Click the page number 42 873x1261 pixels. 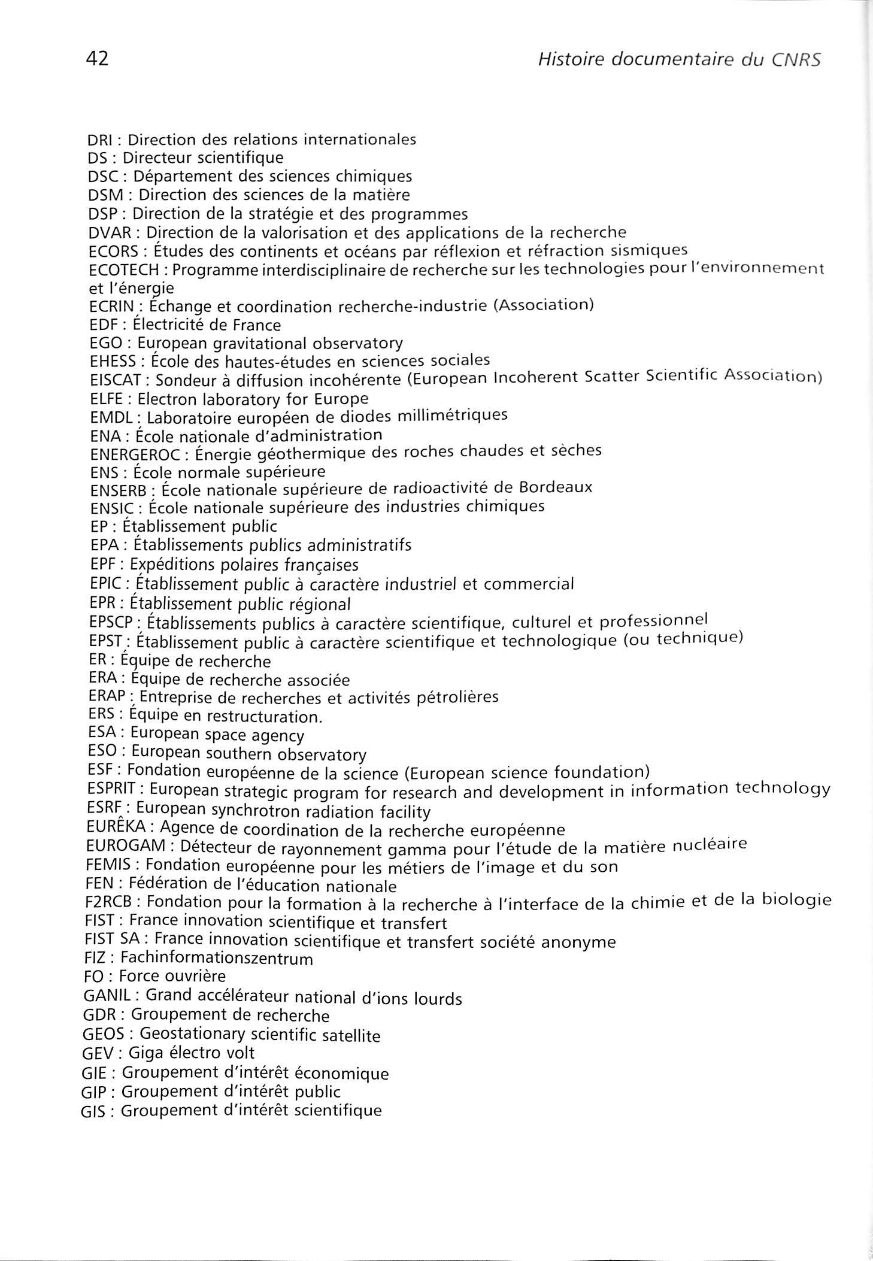pyautogui.click(x=98, y=59)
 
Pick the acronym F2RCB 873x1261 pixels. pyautogui.click(x=108, y=901)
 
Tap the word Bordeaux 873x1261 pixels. pyautogui.click(x=555, y=487)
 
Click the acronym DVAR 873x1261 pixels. pyautogui.click(x=109, y=232)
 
